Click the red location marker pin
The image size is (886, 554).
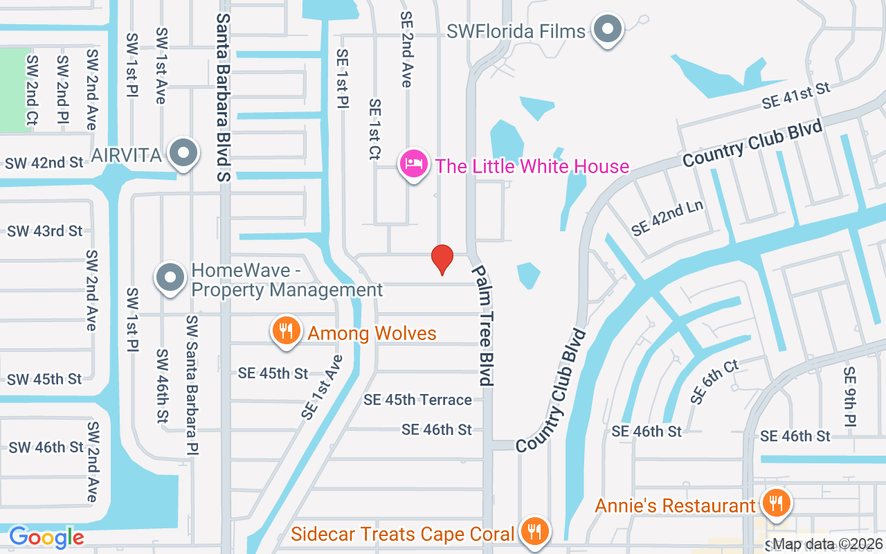442,259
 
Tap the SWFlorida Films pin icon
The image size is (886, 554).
608,30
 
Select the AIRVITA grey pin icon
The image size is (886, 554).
184,153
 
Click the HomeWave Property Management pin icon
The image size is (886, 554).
170,278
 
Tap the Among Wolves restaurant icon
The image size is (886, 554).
284,331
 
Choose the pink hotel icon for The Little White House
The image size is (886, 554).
413,165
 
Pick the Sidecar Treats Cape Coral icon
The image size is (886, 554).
533,532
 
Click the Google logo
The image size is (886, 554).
46,537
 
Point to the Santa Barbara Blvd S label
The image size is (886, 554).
223,97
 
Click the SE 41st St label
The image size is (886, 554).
795,96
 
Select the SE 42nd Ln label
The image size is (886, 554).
668,220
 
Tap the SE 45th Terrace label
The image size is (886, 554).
417,400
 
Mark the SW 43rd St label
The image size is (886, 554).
45,231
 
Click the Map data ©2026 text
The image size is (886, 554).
827,544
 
